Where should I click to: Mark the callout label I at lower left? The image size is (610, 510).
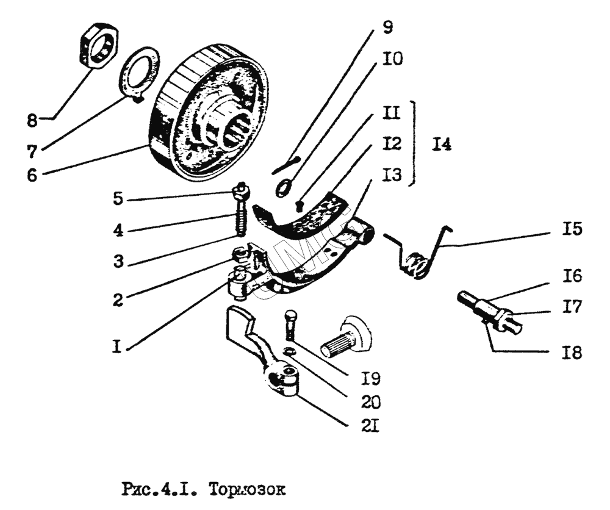(119, 348)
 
